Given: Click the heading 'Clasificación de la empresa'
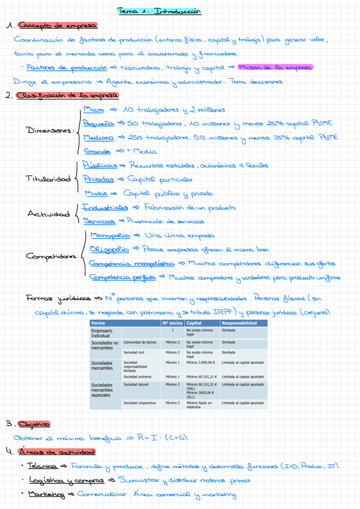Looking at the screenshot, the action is point(67,95).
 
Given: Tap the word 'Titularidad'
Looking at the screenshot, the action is point(48,179).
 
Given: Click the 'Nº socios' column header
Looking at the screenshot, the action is point(172,323).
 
